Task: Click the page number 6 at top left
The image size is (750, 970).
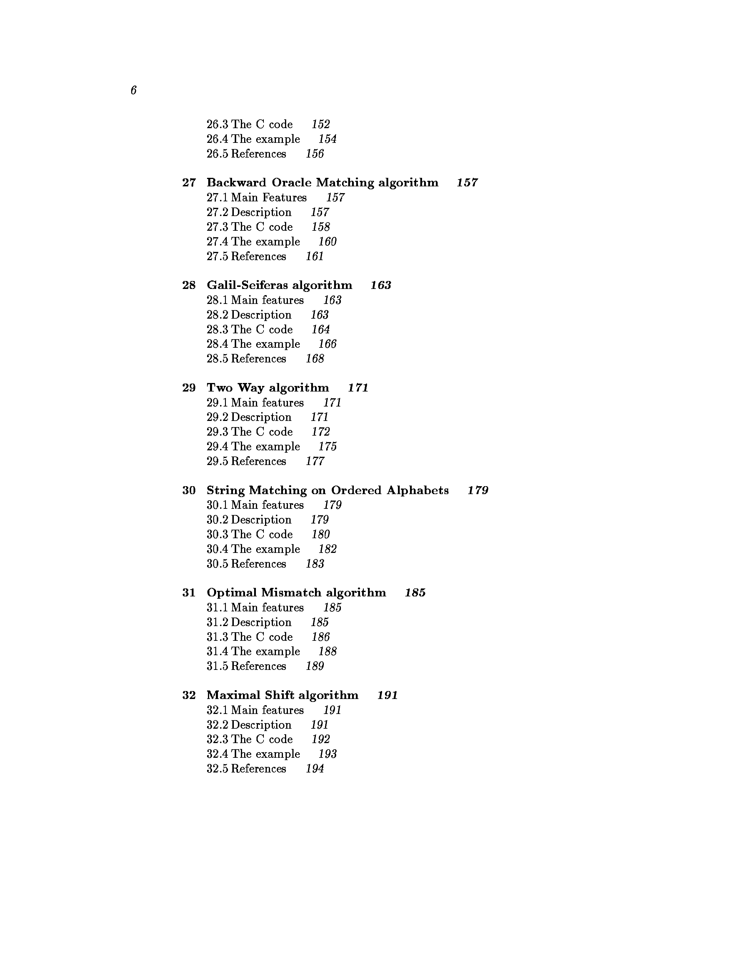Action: pyautogui.click(x=133, y=90)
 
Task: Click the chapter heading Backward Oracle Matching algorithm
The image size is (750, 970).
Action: pyautogui.click(x=322, y=183)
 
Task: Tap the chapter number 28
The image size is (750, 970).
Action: pyautogui.click(x=189, y=285)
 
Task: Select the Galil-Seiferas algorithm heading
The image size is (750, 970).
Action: pyautogui.click(x=279, y=285)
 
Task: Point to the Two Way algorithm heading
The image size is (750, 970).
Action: pyautogui.click(x=267, y=388)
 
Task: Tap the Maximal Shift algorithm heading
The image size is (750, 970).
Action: pyautogui.click(x=282, y=695)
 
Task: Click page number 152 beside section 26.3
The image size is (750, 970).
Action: pyautogui.click(x=320, y=124)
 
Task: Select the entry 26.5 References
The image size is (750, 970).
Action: pyautogui.click(x=246, y=154)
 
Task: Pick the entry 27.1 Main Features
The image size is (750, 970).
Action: pyautogui.click(x=256, y=198)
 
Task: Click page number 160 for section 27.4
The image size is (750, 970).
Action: pyautogui.click(x=327, y=242)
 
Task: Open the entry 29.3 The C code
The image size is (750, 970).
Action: pyautogui.click(x=249, y=432)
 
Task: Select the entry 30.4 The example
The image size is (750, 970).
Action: pyautogui.click(x=253, y=549)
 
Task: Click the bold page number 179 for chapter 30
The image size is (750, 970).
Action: pyautogui.click(x=478, y=490)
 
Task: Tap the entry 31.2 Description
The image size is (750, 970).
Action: pyautogui.click(x=249, y=622)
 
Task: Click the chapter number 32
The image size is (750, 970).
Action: pyautogui.click(x=189, y=695)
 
